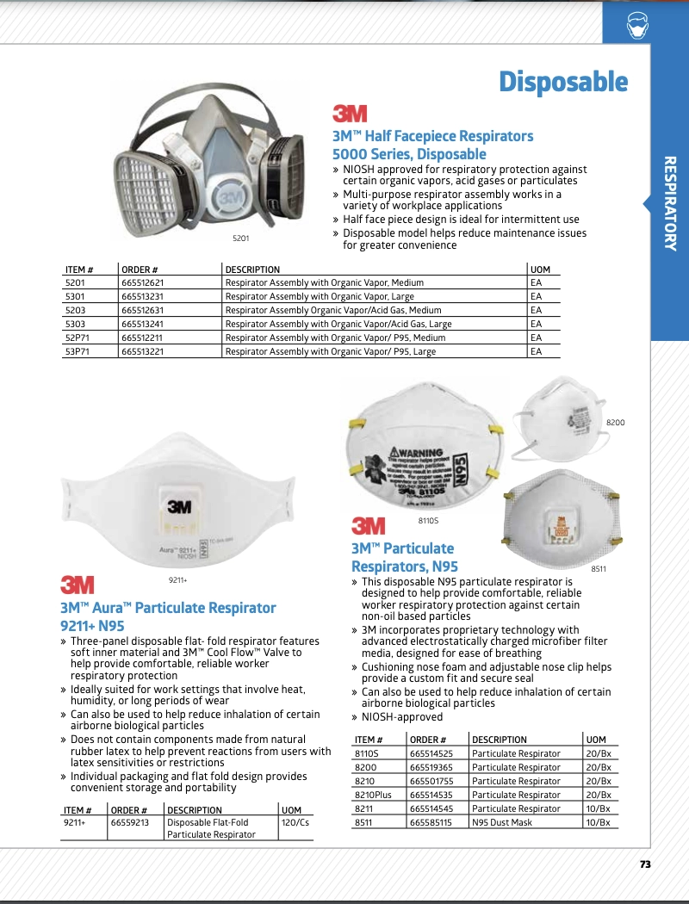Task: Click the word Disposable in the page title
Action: click(563, 83)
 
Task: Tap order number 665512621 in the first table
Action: click(142, 282)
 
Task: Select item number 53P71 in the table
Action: click(78, 351)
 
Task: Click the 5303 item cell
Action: click(75, 324)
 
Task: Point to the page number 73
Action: click(645, 864)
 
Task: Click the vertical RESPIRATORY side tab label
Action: click(670, 203)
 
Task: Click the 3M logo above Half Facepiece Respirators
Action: click(350, 114)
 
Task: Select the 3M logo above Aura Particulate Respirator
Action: click(78, 585)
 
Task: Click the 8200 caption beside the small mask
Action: click(616, 423)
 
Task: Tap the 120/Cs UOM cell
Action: click(295, 823)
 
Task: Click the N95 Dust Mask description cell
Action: click(502, 822)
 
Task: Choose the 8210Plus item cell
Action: click(373, 795)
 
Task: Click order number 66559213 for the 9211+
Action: click(130, 823)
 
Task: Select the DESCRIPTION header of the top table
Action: click(252, 269)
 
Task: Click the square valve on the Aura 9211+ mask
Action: click(179, 510)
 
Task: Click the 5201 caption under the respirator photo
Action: click(241, 238)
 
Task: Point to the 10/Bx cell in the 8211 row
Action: click(598, 808)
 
